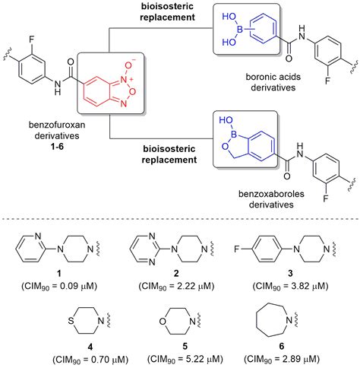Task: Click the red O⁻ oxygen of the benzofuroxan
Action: (129, 65)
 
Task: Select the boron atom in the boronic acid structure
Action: (239, 30)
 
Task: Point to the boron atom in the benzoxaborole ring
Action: (234, 134)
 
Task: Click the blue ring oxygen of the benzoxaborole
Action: (224, 146)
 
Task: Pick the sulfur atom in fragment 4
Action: (71, 321)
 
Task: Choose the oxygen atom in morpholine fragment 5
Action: (163, 322)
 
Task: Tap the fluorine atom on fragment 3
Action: (236, 249)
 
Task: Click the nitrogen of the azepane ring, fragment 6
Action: (289, 320)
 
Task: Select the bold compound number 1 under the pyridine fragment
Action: (59, 274)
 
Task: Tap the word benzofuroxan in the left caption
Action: (57, 125)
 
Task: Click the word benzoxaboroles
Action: (271, 194)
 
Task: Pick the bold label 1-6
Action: (57, 147)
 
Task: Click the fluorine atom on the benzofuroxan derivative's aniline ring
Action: (32, 40)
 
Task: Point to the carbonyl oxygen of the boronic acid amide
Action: (289, 59)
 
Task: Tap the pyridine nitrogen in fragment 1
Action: (38, 236)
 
